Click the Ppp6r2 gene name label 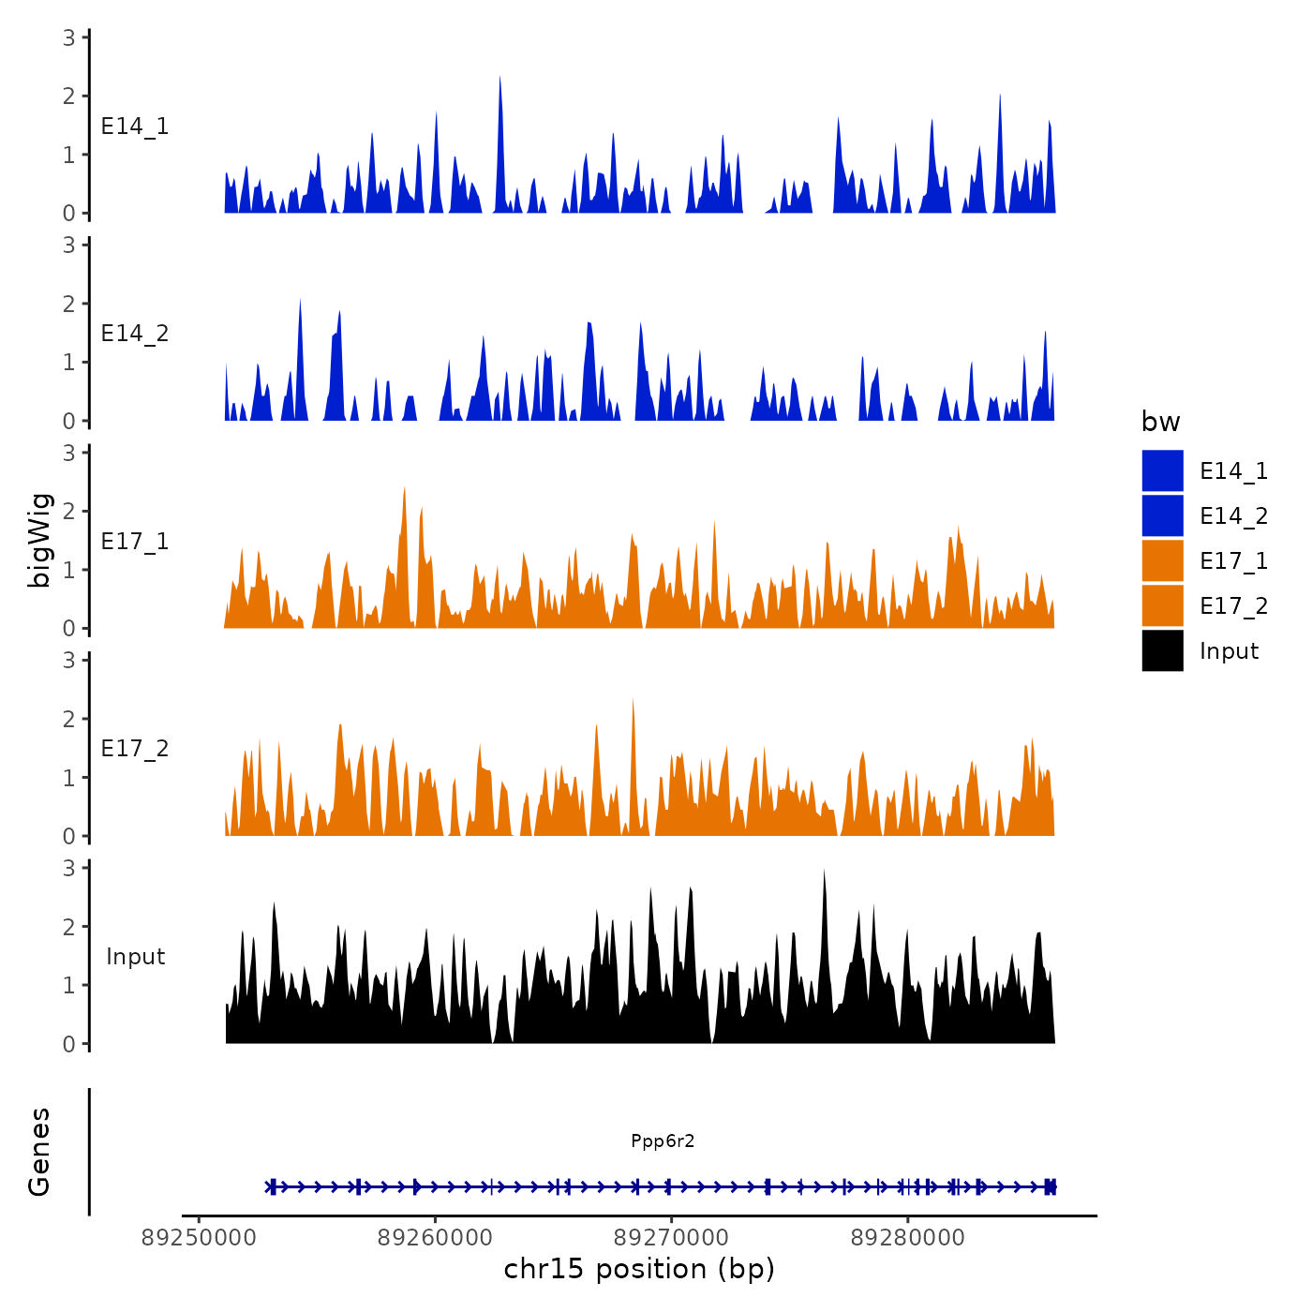pyautogui.click(x=663, y=1141)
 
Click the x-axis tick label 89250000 pyautogui.click(x=199, y=1238)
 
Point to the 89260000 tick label pyautogui.click(x=435, y=1238)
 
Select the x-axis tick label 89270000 pyautogui.click(x=671, y=1238)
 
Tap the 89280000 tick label pyautogui.click(x=907, y=1238)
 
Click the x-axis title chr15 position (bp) pyautogui.click(x=639, y=1269)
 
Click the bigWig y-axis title pyautogui.click(x=39, y=540)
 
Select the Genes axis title pyautogui.click(x=39, y=1152)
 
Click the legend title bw pyautogui.click(x=1160, y=422)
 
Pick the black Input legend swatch pyautogui.click(x=1162, y=651)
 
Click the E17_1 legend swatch pyautogui.click(x=1162, y=561)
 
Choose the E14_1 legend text pyautogui.click(x=1233, y=471)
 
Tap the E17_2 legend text pyautogui.click(x=1233, y=606)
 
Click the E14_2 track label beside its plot pyautogui.click(x=135, y=334)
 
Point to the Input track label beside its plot pyautogui.click(x=135, y=957)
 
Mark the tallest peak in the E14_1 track pyautogui.click(x=499, y=78)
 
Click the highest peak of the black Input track pyautogui.click(x=824, y=872)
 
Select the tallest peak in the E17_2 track pyautogui.click(x=634, y=701)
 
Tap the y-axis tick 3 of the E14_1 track pyautogui.click(x=69, y=37)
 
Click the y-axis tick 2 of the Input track pyautogui.click(x=69, y=926)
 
